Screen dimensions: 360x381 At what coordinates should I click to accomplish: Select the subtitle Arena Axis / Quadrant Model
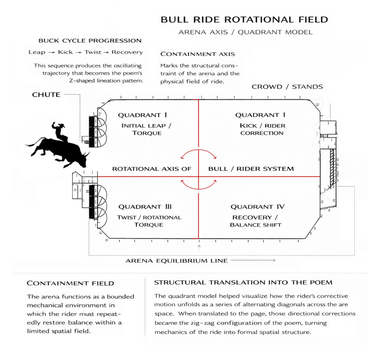click(246, 32)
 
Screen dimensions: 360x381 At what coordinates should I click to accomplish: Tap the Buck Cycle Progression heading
click(90, 41)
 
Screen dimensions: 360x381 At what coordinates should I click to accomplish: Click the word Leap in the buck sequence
click(37, 52)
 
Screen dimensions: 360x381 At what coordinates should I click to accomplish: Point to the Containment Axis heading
click(198, 54)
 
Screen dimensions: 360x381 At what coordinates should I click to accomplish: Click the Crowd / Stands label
click(287, 87)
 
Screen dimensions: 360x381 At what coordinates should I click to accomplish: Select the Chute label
click(46, 95)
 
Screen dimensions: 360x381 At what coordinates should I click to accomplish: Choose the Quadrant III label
click(145, 207)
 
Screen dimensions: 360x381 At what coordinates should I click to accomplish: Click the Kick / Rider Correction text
click(262, 129)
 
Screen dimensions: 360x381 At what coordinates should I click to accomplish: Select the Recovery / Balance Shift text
click(255, 221)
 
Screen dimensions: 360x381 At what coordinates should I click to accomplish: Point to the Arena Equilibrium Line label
click(177, 261)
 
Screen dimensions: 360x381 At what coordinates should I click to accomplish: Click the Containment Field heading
click(70, 284)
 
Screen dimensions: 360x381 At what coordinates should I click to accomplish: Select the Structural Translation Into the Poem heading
click(243, 282)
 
